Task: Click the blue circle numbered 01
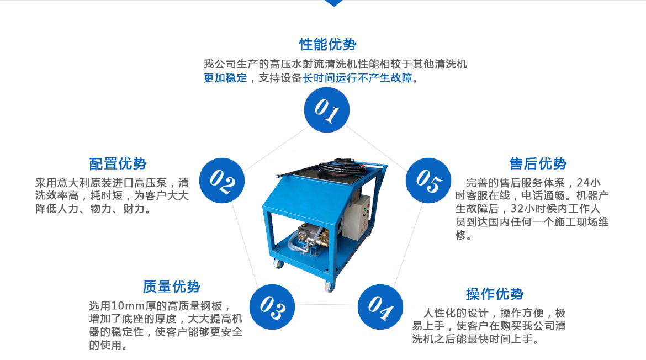[x=327, y=110]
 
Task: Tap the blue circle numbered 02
[x=223, y=181]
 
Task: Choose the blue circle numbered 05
[x=428, y=181]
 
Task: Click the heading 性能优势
[x=327, y=45]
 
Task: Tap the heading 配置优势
[x=118, y=164]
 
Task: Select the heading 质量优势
[x=171, y=287]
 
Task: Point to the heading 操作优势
[x=494, y=294]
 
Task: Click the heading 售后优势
[x=538, y=164]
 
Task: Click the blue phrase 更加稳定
[x=225, y=78]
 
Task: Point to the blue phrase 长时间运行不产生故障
[x=358, y=78]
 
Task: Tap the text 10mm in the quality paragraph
[x=128, y=306]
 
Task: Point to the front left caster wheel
[x=279, y=264]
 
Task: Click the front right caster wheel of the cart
[x=329, y=286]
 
